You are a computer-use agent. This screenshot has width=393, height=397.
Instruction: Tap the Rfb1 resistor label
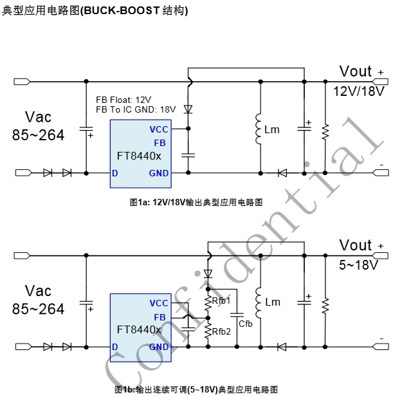221,300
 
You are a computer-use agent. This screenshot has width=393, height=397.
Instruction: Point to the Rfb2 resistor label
221,331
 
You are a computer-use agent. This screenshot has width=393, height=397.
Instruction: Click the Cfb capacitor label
246,323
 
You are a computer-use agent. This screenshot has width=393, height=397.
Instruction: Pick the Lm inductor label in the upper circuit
272,129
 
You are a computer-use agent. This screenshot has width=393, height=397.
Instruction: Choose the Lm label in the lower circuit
273,302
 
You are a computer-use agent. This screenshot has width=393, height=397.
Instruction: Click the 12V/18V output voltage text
358,91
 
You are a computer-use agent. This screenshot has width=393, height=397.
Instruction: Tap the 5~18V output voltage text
358,264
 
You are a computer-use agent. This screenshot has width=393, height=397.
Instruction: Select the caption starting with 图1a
196,202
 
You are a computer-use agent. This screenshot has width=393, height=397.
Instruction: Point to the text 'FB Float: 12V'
123,100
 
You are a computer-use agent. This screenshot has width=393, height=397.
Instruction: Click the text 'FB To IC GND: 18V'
136,109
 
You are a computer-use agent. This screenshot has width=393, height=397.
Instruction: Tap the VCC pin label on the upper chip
159,129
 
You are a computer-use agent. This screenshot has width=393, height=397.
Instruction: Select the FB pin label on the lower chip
160,317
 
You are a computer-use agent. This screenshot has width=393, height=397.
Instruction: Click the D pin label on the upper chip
114,173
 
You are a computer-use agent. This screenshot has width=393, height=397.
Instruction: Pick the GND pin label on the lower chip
159,347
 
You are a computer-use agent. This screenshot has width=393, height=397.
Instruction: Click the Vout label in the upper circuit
356,71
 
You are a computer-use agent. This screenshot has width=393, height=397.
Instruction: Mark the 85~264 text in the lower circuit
39,309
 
